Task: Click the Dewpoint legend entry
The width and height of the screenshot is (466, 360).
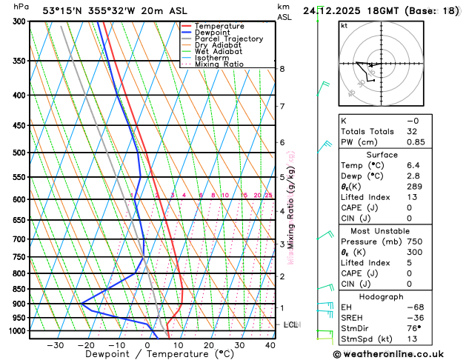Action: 219,33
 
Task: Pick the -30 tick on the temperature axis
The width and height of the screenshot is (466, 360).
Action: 56,345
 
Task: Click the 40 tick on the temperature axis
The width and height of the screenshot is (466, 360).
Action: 270,345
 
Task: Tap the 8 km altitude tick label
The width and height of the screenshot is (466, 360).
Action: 282,69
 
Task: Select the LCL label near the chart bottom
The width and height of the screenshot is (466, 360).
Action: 290,324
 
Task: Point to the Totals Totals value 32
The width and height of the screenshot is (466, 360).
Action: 412,131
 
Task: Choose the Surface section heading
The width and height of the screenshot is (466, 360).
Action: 392,154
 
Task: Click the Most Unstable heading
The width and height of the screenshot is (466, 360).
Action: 392,230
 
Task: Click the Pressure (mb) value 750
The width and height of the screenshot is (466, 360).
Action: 414,241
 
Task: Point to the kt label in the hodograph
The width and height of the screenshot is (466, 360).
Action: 344,25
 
